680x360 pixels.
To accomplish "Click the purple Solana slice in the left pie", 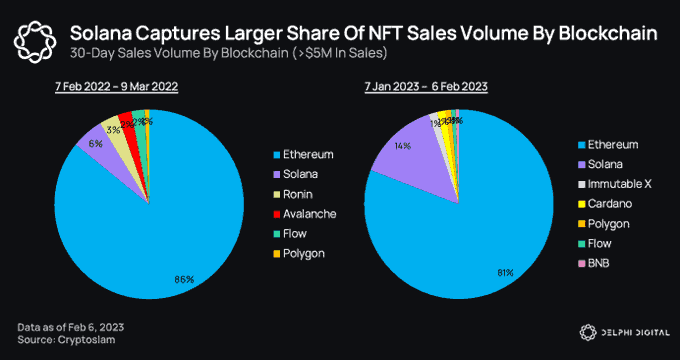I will coord(100,150).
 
